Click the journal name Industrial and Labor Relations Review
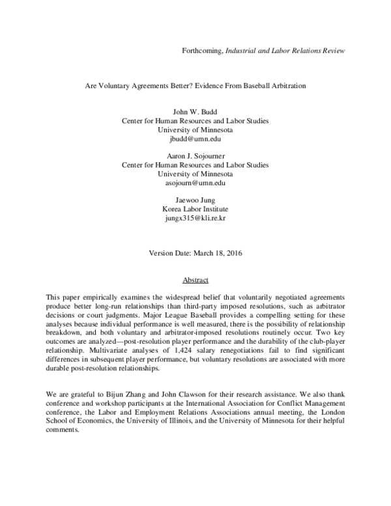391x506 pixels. click(285, 50)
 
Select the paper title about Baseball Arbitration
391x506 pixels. click(195, 85)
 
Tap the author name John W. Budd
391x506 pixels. click(195, 112)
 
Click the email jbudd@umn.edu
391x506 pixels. click(195, 140)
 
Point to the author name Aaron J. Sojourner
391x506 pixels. click(195, 156)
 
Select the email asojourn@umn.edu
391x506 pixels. click(195, 183)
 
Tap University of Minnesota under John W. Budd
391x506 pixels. click(195, 130)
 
